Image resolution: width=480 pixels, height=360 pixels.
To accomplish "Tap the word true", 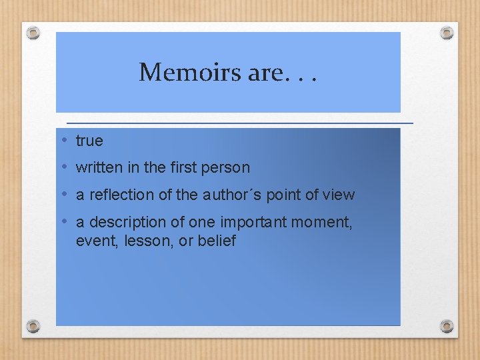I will pyautogui.click(x=89, y=141).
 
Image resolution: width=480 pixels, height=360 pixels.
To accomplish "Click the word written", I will pyautogui.click(x=99, y=168).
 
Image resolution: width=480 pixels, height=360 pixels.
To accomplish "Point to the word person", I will pyautogui.click(x=227, y=168).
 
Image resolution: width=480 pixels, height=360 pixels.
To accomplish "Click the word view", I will pyautogui.click(x=339, y=195).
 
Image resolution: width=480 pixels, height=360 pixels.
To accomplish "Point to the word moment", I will pyautogui.click(x=321, y=223).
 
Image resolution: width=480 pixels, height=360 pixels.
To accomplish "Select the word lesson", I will pyautogui.click(x=143, y=241).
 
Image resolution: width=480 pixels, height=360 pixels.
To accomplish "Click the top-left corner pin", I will pyautogui.click(x=33, y=32).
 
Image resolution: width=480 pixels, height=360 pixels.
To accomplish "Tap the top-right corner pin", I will pyautogui.click(x=447, y=31).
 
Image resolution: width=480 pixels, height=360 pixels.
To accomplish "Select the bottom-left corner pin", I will pyautogui.click(x=33, y=327).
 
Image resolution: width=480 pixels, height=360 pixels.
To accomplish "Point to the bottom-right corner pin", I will pyautogui.click(x=447, y=327).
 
